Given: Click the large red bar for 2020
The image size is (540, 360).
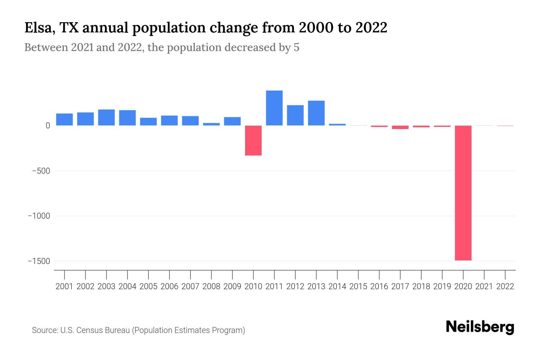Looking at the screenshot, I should (463, 193).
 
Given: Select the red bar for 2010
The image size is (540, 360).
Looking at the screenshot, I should (253, 140).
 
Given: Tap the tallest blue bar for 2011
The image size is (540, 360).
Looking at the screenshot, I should (274, 108).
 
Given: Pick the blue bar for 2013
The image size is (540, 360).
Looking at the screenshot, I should (316, 113).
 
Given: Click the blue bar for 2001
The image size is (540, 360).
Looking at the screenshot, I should (64, 119).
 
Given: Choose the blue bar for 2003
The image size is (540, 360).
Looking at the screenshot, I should (106, 117).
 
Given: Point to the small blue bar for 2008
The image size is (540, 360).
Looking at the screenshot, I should (211, 124).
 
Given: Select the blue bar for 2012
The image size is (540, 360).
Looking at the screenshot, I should (295, 115).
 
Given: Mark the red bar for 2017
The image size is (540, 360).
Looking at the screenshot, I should (400, 127).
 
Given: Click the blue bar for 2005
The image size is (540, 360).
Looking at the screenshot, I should (148, 121).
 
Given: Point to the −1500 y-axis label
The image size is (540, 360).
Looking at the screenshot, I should (39, 261).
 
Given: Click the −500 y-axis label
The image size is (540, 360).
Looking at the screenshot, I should (41, 171).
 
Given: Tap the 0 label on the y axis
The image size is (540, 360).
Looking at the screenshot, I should (48, 126).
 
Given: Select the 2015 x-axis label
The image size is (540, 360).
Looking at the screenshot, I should (358, 286).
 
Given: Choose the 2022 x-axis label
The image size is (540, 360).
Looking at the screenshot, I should (505, 286).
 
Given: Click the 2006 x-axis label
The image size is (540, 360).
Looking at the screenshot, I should (169, 286).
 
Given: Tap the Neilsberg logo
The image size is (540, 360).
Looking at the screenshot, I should (480, 327).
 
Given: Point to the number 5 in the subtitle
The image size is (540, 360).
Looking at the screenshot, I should (296, 47).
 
